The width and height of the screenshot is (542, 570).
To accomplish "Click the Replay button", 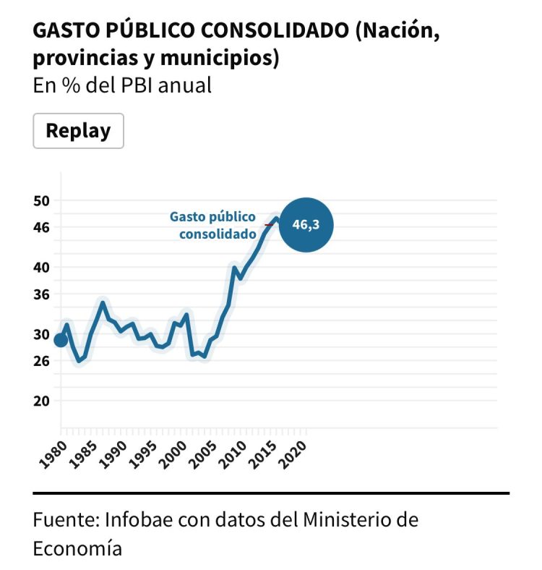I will [78, 131].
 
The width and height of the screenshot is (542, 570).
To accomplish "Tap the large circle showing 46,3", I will [305, 225].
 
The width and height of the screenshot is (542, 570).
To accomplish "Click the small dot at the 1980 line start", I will [61, 339].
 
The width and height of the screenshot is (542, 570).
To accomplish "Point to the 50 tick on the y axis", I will [43, 200].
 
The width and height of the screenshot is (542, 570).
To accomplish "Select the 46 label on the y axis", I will [43, 227].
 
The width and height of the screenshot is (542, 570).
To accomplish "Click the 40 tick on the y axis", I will [43, 267].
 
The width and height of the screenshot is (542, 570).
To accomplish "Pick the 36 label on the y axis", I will [43, 294].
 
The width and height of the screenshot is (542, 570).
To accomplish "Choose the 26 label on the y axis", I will [43, 360].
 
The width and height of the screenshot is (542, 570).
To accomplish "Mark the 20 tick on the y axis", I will [43, 400].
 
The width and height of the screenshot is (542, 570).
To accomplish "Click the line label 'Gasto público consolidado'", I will [215, 225].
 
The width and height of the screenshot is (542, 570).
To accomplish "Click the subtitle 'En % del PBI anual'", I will [122, 85].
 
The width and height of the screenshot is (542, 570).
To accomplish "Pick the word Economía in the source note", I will [77, 548].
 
